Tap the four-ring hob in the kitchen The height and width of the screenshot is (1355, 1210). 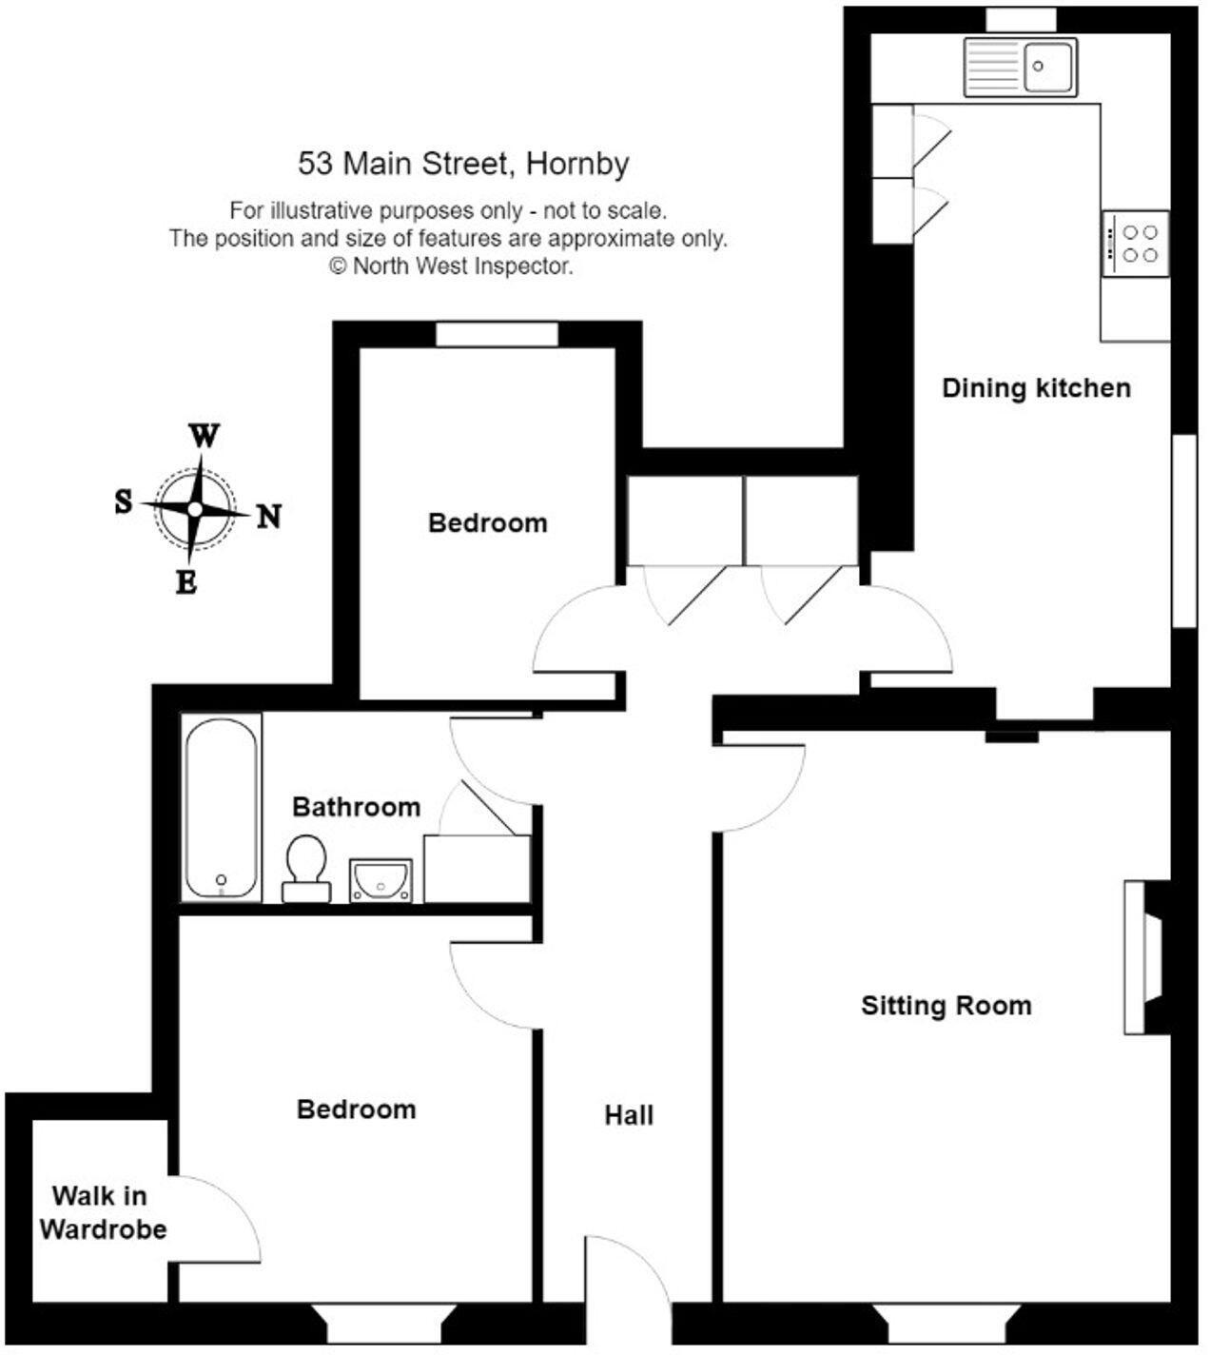(x=1136, y=244)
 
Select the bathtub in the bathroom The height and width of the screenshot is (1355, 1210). (x=222, y=807)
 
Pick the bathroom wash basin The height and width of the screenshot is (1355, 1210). (x=381, y=879)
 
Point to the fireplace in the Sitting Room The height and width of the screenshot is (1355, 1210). (x=1146, y=956)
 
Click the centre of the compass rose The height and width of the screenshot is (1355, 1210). (x=195, y=509)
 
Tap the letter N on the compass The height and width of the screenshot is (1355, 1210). (x=270, y=517)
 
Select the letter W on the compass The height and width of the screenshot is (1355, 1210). (x=205, y=436)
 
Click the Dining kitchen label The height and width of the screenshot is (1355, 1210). (x=1036, y=388)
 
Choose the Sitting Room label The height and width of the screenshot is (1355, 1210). (x=946, y=1006)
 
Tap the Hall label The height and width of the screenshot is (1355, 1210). (x=629, y=1115)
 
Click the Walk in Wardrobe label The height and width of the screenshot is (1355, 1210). (x=103, y=1212)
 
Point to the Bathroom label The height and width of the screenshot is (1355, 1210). (x=356, y=807)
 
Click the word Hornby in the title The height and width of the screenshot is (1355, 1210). (x=577, y=164)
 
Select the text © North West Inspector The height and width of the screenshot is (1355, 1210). (x=451, y=266)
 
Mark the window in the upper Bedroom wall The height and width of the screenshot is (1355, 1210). (x=497, y=335)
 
